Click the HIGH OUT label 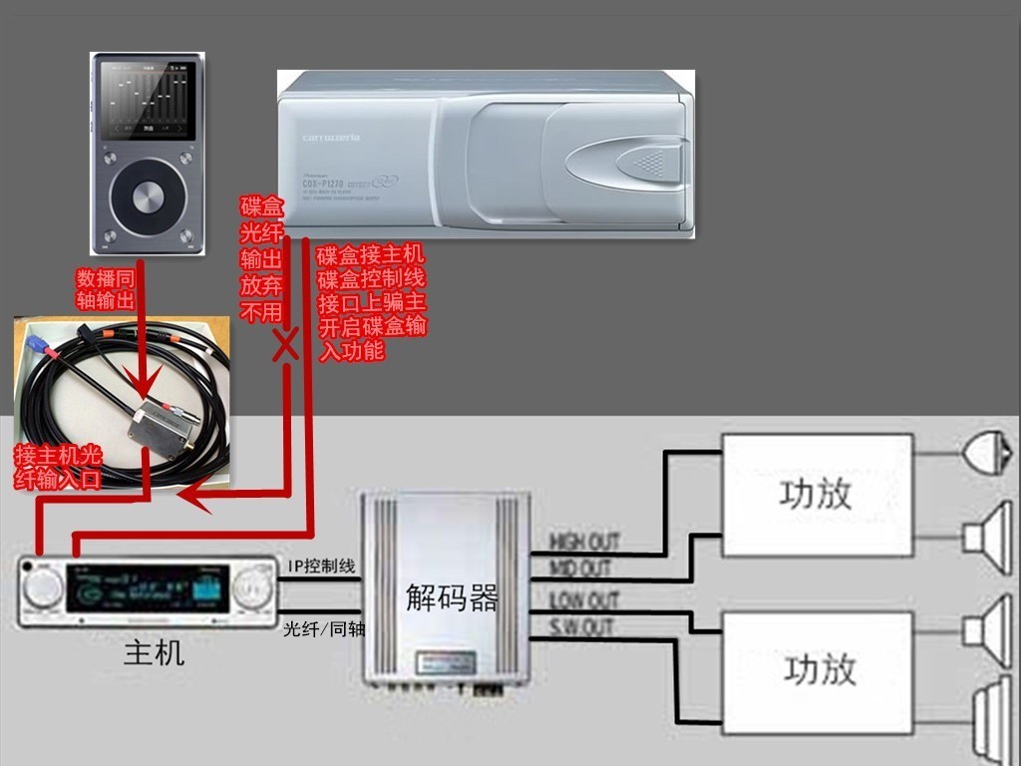[x=584, y=542]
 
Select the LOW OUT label [x=584, y=601]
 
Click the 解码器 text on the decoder [x=452, y=598]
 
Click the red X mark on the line [x=286, y=345]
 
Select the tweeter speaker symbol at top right [x=986, y=453]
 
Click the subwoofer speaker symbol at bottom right [x=993, y=713]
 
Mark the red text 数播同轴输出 [x=106, y=288]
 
